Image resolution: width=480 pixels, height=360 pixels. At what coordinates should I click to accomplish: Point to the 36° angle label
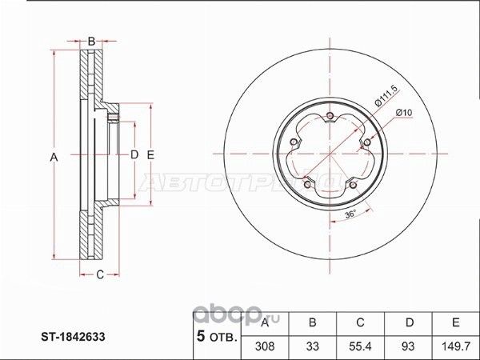click(349, 214)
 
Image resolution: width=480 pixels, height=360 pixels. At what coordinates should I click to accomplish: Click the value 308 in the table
click(267, 346)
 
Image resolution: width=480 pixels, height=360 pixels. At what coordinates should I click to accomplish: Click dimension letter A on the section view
click(54, 158)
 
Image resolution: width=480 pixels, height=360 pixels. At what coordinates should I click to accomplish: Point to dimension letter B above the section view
click(92, 41)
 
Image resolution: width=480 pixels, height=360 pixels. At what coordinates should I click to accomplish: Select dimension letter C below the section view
click(100, 276)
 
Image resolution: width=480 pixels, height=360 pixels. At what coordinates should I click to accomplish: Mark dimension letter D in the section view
click(134, 154)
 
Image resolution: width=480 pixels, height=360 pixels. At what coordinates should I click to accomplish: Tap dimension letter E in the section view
click(150, 154)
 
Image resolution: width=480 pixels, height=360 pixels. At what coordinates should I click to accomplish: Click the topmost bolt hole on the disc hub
click(330, 117)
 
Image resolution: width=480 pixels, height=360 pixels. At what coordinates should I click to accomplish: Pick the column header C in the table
click(361, 322)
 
